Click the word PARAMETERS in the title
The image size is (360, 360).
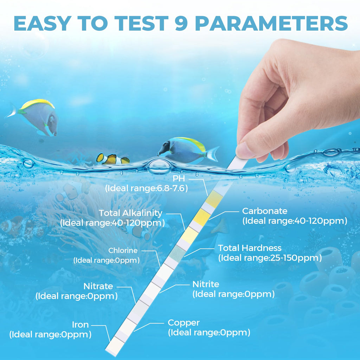tap(272, 23)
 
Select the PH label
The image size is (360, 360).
tap(179, 178)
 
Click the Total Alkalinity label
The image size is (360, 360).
tap(130, 213)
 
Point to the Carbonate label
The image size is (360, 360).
tap(265, 211)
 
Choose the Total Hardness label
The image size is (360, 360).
tap(250, 248)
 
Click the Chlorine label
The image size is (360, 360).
tap(123, 250)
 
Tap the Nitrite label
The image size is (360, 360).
tap(206, 284)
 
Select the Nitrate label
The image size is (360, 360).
tap(98, 286)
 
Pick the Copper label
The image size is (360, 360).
tap(184, 323)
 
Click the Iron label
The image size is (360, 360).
tap(81, 324)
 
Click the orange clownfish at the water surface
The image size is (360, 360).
tap(112, 159)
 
